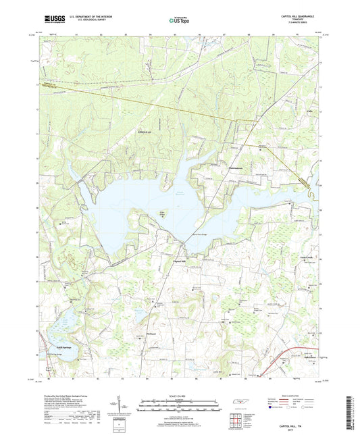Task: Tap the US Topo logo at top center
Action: [179, 21]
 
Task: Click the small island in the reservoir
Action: [162, 216]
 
